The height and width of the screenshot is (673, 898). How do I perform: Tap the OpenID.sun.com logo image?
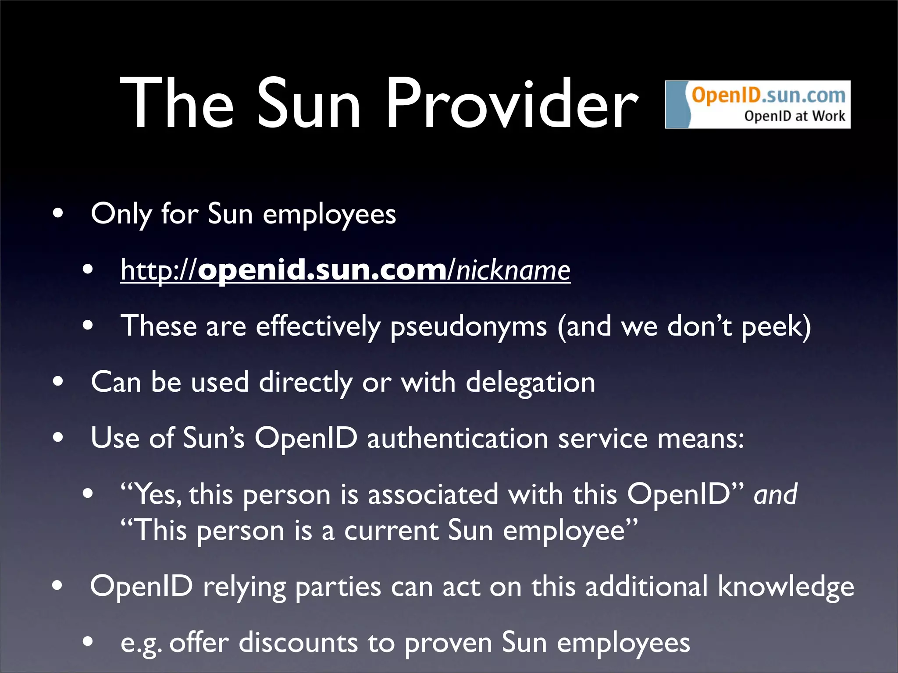tap(757, 104)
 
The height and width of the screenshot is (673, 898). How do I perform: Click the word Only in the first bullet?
tap(121, 214)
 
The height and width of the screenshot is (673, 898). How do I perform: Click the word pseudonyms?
tap(468, 326)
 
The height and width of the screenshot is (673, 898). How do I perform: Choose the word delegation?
tap(530, 382)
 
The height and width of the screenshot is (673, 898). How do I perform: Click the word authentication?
tap(457, 438)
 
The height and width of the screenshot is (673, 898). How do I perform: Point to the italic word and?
tap(775, 494)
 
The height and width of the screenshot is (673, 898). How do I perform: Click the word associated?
tap(433, 494)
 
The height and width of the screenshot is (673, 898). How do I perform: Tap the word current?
tap(391, 531)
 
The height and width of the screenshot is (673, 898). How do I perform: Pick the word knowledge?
tap(786, 587)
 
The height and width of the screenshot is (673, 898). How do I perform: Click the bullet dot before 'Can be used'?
tap(57, 382)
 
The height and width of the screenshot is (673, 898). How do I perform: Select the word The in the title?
tap(176, 104)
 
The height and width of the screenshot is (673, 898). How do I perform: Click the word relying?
tap(244, 587)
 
